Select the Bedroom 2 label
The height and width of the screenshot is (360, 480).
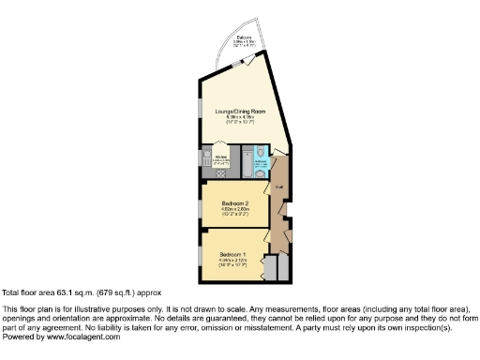tap(234, 202)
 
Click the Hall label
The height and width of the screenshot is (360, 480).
tap(279, 187)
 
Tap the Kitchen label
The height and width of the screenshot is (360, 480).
tap(221, 157)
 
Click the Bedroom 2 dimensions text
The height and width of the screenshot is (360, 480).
tap(234, 211)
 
